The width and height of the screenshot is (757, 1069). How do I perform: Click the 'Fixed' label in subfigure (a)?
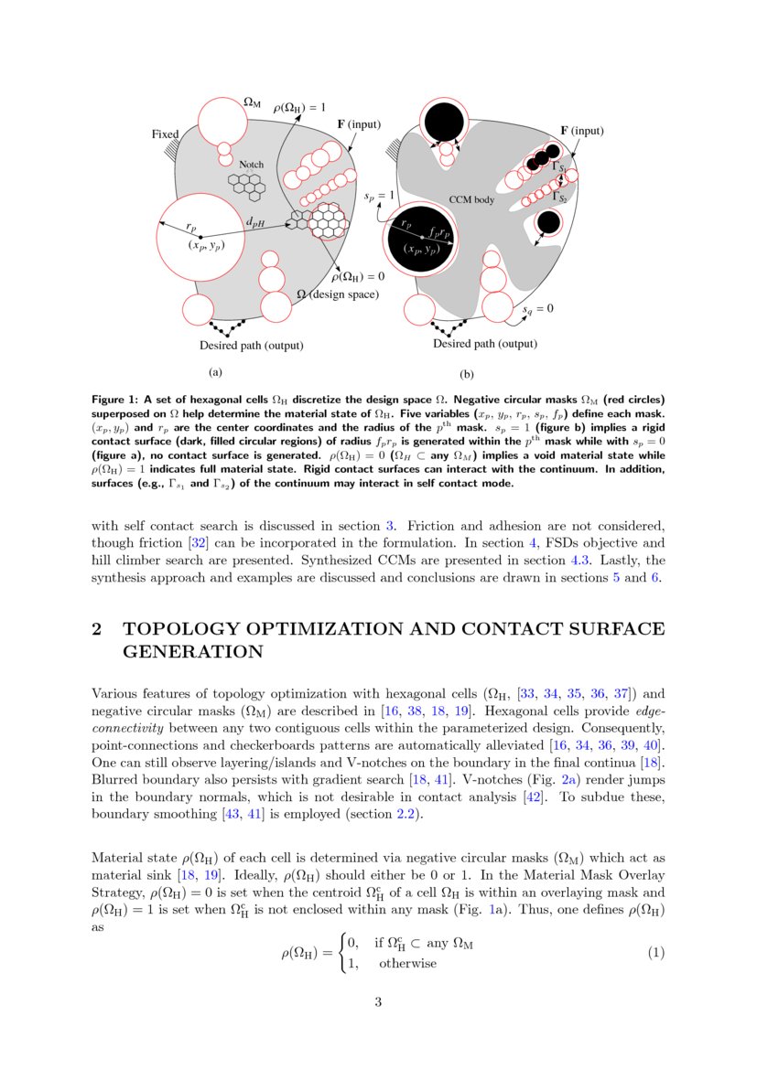(x=165, y=134)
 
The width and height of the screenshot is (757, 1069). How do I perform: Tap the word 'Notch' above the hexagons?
(x=251, y=165)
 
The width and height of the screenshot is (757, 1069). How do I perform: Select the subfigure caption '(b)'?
(x=467, y=374)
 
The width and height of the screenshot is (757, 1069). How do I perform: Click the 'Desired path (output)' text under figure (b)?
(x=484, y=344)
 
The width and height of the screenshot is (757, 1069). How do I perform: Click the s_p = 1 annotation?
(x=379, y=195)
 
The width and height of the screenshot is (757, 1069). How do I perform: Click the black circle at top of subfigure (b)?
(x=444, y=120)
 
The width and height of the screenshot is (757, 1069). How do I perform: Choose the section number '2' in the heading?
(x=97, y=629)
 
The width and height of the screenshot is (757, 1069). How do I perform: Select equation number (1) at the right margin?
(x=655, y=953)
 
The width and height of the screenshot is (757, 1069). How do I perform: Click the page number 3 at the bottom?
(x=377, y=1002)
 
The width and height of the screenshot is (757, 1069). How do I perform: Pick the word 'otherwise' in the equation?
(x=407, y=964)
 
